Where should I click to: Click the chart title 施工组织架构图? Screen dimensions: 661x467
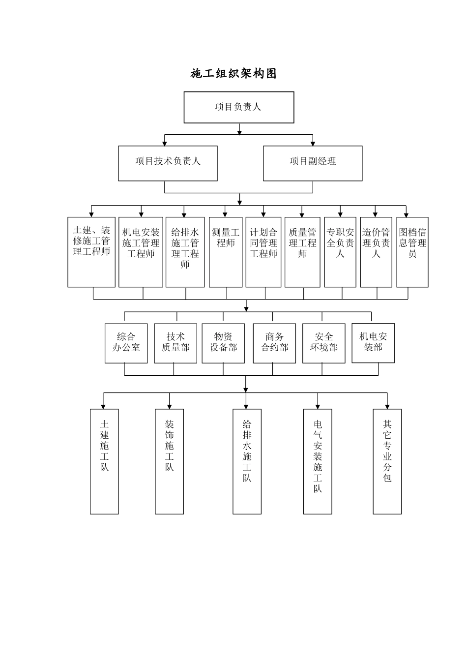pyautogui.click(x=233, y=74)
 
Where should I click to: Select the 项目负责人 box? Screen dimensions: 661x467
pyautogui.click(x=239, y=107)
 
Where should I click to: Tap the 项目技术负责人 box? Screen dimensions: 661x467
pyautogui.click(x=168, y=163)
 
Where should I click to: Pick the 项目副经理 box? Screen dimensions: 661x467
pyautogui.click(x=313, y=163)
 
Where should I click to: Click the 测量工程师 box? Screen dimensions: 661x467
pyautogui.click(x=226, y=252)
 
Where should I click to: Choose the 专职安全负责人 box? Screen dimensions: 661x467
pyautogui.click(x=340, y=252)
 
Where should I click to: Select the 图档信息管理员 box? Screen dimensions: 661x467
pyautogui.click(x=412, y=252)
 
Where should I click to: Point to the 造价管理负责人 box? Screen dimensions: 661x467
pyautogui.click(x=376, y=252)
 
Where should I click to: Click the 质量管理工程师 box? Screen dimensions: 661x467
pyautogui.click(x=302, y=252)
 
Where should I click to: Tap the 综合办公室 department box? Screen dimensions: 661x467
pyautogui.click(x=126, y=343)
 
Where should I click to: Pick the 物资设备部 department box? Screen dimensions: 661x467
pyautogui.click(x=223, y=343)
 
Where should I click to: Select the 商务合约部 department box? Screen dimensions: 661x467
pyautogui.click(x=274, y=343)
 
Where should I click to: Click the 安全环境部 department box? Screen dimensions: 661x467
pyautogui.click(x=324, y=343)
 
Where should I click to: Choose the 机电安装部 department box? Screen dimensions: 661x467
pyautogui.click(x=373, y=343)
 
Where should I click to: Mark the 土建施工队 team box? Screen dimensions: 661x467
pyautogui.click(x=104, y=461)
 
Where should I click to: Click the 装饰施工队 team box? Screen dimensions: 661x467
pyautogui.click(x=170, y=461)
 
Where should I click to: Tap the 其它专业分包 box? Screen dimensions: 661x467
pyautogui.click(x=387, y=461)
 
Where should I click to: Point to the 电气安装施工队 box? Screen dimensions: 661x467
pyautogui.click(x=318, y=461)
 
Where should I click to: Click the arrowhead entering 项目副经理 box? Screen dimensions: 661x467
pyautogui.click(x=313, y=143)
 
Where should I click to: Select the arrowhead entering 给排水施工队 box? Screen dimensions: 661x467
pyautogui.click(x=247, y=406)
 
